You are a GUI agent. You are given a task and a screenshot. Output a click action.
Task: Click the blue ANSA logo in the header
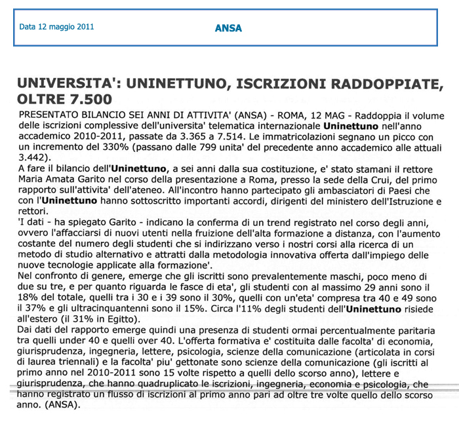pos(229,28)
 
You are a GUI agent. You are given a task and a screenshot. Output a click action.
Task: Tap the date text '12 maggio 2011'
pos(66,28)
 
